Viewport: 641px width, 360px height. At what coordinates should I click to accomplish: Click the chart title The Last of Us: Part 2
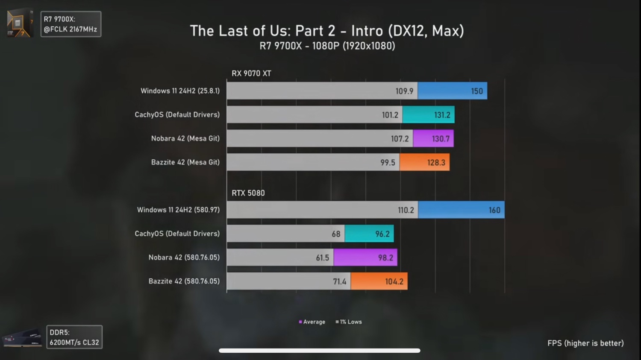(327, 31)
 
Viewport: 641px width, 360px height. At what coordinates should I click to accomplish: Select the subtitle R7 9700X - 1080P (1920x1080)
(327, 46)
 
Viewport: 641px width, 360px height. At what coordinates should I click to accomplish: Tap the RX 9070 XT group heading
(251, 73)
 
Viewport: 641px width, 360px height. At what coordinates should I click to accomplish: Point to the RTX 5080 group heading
(248, 193)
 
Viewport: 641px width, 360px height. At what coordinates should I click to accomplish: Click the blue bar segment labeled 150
(452, 91)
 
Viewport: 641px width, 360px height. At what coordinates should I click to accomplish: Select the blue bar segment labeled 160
(461, 210)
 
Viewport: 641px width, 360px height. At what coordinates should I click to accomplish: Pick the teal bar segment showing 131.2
(428, 115)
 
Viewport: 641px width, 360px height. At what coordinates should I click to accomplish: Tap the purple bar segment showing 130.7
(433, 139)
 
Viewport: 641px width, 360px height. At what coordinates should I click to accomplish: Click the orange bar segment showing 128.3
(424, 163)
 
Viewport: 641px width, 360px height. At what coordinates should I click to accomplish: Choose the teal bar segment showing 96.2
(369, 234)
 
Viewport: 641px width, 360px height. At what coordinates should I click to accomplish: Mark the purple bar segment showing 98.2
(365, 258)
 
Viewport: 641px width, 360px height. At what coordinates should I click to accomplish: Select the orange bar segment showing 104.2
(379, 281)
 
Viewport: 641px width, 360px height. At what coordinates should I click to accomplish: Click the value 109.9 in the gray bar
(404, 91)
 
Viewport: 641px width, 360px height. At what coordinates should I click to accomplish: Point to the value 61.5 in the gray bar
(323, 258)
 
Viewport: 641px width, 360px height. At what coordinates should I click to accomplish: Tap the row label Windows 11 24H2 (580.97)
(178, 210)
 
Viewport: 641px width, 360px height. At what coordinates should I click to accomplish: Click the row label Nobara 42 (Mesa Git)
(185, 139)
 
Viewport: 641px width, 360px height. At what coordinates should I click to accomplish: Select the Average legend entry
(312, 322)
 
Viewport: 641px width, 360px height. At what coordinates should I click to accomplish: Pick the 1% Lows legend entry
(349, 322)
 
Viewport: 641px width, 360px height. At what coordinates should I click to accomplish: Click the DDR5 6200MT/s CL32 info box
(74, 337)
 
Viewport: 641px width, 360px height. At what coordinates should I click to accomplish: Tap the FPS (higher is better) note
(585, 343)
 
